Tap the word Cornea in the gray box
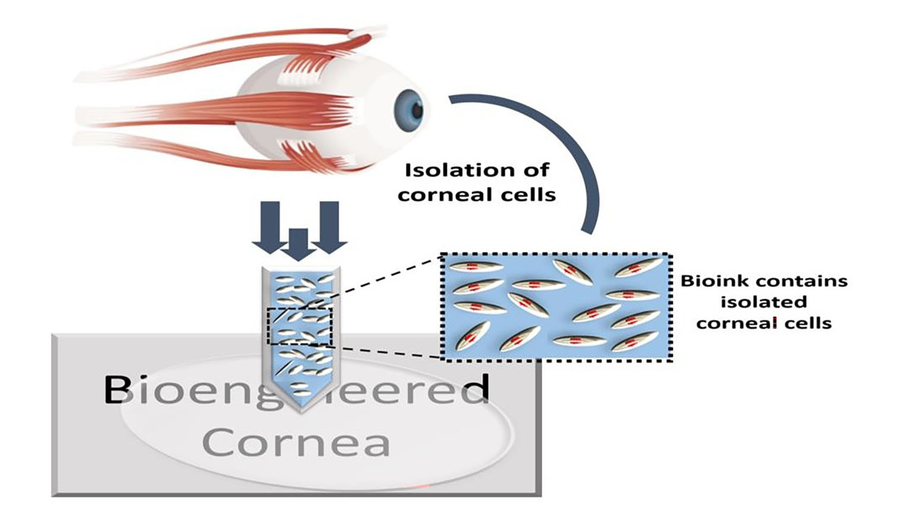click(x=295, y=442)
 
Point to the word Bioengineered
click(x=295, y=390)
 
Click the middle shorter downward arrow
click(x=298, y=244)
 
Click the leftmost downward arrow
click(x=270, y=226)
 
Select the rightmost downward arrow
click(x=329, y=226)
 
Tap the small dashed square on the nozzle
click(x=299, y=326)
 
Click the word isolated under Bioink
click(x=764, y=302)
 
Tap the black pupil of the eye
click(x=417, y=110)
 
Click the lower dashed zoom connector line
click(x=386, y=351)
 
